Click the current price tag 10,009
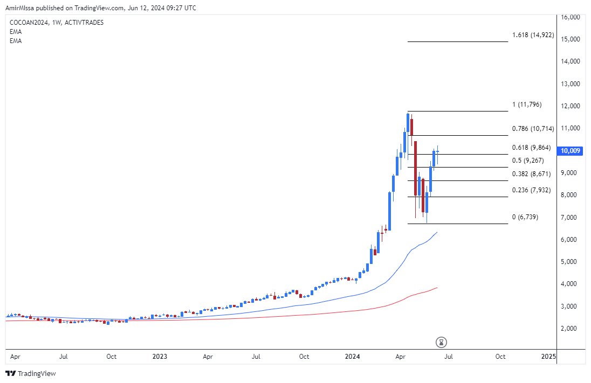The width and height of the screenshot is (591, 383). click(x=571, y=151)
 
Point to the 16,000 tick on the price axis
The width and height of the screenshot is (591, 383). click(x=570, y=17)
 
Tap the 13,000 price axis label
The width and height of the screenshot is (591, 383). click(x=570, y=84)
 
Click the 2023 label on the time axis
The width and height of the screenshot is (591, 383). click(x=160, y=357)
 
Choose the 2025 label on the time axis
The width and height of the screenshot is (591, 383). click(x=548, y=357)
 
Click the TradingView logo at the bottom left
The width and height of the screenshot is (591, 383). click(x=31, y=373)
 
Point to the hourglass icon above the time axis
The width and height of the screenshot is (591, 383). click(x=442, y=342)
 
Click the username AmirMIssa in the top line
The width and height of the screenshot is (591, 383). click(x=19, y=8)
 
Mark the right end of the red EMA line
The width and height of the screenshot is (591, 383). click(x=437, y=287)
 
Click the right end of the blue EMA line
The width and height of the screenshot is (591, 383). click(x=437, y=232)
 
